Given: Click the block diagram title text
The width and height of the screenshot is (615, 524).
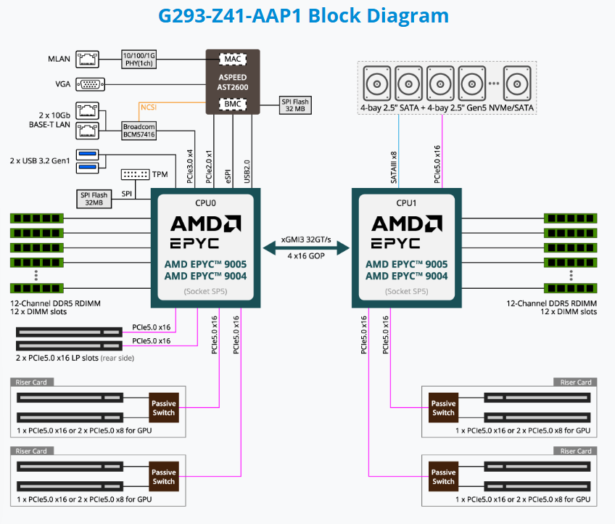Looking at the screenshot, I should click(307, 15).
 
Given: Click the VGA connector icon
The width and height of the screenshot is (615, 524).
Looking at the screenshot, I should click(90, 84).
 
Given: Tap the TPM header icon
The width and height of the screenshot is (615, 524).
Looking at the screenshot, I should click(136, 175).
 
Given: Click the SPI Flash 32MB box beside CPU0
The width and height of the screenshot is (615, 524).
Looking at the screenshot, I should click(94, 198).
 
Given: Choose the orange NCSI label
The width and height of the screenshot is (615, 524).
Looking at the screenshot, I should click(150, 107).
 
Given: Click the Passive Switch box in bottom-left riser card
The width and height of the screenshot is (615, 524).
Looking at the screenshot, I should click(163, 476).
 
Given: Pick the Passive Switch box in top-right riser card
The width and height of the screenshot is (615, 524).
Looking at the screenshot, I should click(443, 408).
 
